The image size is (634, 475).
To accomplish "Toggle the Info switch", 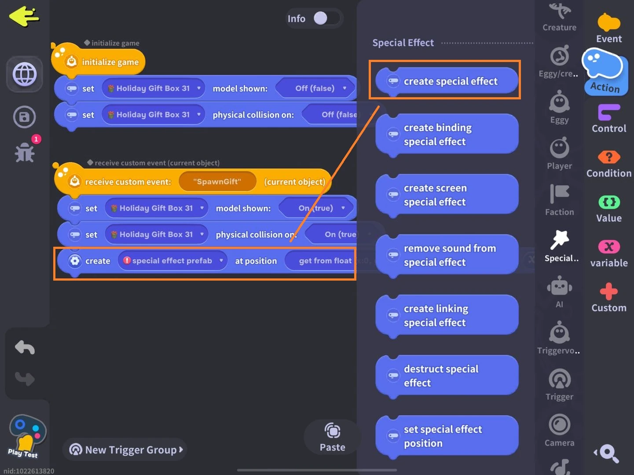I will tap(326, 18).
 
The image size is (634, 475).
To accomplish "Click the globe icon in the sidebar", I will tap(25, 74).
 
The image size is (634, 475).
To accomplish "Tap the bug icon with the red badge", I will tap(25, 152).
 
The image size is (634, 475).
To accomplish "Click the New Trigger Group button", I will tap(126, 449).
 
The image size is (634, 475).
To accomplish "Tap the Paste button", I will tap(332, 437).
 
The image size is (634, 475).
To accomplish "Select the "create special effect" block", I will tap(447, 81).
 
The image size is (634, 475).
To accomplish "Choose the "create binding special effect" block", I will tap(447, 135).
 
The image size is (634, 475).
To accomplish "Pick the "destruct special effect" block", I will tap(447, 376).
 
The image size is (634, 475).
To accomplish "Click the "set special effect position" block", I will tap(447, 436).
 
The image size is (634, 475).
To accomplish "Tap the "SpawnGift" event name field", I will tap(217, 182).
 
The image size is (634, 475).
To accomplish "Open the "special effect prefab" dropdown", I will tap(172, 261).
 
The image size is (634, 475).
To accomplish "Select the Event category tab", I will tap(609, 29).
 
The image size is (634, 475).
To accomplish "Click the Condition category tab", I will tap(609, 164).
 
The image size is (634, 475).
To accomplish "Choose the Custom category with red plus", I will tap(609, 298).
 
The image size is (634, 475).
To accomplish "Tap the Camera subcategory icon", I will tap(559, 430).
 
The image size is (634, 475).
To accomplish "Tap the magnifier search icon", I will tap(608, 453).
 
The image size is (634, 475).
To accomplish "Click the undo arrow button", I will tap(25, 347).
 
